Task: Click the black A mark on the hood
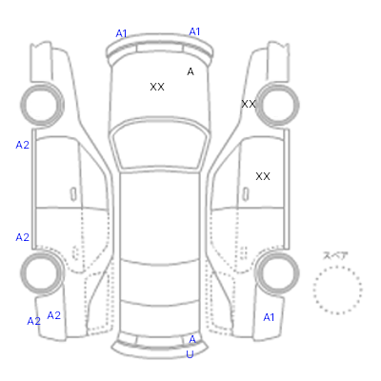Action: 190,71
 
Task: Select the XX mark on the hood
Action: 157,87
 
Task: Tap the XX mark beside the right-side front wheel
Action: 249,104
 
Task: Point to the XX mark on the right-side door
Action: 263,176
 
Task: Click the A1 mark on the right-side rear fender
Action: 269,317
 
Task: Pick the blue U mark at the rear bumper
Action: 190,354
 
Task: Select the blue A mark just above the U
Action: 192,340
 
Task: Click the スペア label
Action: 335,256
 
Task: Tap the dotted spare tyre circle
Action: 337,267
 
